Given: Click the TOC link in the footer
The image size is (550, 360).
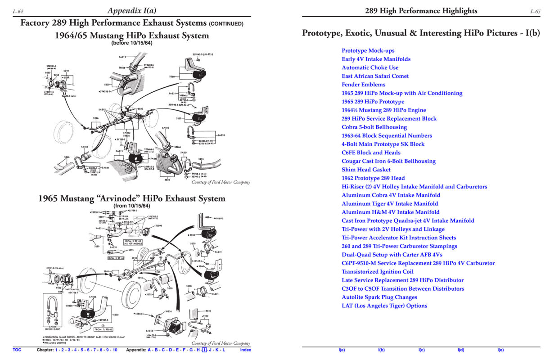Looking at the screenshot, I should [x=17, y=350].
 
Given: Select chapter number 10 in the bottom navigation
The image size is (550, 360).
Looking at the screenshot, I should [x=115, y=350].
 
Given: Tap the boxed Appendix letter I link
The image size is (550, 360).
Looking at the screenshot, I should [x=204, y=350].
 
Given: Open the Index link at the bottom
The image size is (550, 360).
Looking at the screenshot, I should [x=245, y=350].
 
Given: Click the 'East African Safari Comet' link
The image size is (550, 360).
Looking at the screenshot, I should [x=375, y=76].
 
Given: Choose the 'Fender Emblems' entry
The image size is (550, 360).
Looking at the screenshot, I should [x=363, y=85].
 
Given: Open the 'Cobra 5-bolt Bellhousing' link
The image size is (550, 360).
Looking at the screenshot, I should [x=374, y=127].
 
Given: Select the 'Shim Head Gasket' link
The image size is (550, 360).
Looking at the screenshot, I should [x=366, y=170].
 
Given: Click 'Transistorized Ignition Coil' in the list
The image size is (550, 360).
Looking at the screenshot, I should [x=377, y=272].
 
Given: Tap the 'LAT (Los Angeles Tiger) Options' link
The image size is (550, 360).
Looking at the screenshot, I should [x=384, y=306].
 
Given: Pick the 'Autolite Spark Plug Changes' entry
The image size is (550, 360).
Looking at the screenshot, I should [x=379, y=297].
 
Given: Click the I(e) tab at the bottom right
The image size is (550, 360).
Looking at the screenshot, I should [x=500, y=350].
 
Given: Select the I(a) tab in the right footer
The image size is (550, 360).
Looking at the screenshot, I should [x=342, y=350].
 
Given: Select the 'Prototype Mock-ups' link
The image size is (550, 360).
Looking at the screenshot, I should [x=368, y=50].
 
